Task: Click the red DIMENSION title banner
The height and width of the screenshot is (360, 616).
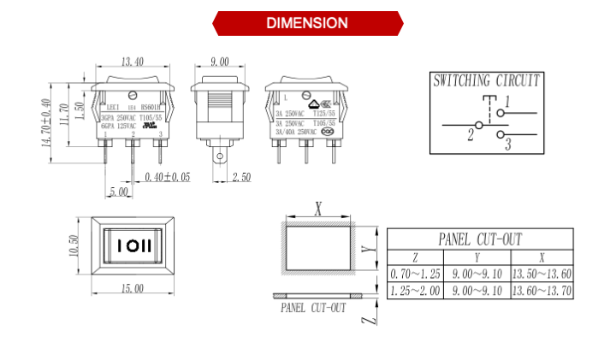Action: pyautogui.click(x=307, y=23)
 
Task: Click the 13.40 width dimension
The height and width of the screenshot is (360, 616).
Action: pyautogui.click(x=132, y=62)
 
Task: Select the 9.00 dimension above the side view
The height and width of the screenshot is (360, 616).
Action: pyautogui.click(x=219, y=62)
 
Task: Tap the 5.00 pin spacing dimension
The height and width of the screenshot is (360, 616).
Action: pyautogui.click(x=119, y=192)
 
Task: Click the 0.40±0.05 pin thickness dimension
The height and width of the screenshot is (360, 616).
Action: pyautogui.click(x=168, y=177)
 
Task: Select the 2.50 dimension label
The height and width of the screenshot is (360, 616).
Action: pyautogui.click(x=242, y=177)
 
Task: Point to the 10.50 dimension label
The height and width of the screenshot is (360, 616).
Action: pyautogui.click(x=74, y=248)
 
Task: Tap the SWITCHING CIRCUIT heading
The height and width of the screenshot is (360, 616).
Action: pyautogui.click(x=487, y=81)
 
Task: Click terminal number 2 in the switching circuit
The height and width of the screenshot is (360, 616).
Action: pyautogui.click(x=471, y=135)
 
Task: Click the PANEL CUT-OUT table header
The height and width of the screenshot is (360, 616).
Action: pyautogui.click(x=480, y=239)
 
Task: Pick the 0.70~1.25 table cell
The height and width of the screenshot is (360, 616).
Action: pyautogui.click(x=415, y=274)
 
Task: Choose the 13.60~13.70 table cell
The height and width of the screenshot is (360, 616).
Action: pyautogui.click(x=542, y=292)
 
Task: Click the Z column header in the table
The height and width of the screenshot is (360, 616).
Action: pyautogui.click(x=415, y=257)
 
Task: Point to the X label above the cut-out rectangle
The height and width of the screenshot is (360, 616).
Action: pyautogui.click(x=318, y=208)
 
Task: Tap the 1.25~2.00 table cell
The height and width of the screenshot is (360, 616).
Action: pyautogui.click(x=415, y=292)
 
